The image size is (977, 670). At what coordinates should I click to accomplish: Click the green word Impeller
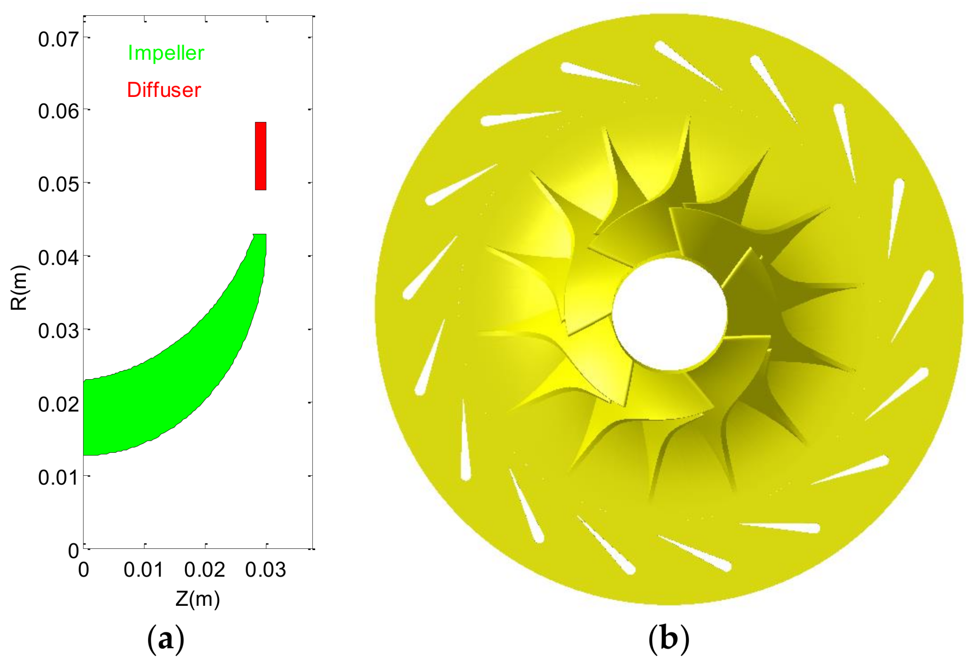pos(166,53)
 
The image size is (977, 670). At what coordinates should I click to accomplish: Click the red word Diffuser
pos(164,90)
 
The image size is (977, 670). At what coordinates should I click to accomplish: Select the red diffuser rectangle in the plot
pos(260,156)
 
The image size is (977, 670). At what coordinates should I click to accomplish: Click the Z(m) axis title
pos(198,599)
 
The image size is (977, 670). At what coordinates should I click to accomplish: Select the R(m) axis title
pos(19,288)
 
